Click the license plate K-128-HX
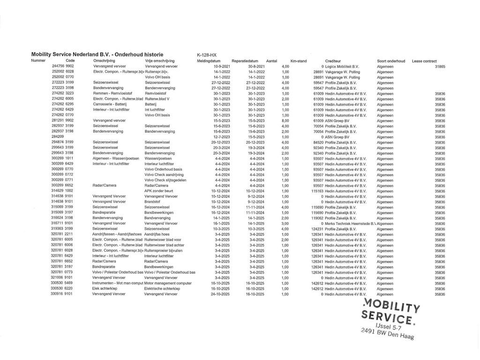207,55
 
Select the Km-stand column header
299,61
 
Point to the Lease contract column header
424,61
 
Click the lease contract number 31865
440,67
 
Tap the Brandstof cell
153,202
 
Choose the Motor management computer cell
168,283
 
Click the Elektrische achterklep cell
162,289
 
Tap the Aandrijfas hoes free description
157,234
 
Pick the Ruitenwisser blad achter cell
164,245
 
